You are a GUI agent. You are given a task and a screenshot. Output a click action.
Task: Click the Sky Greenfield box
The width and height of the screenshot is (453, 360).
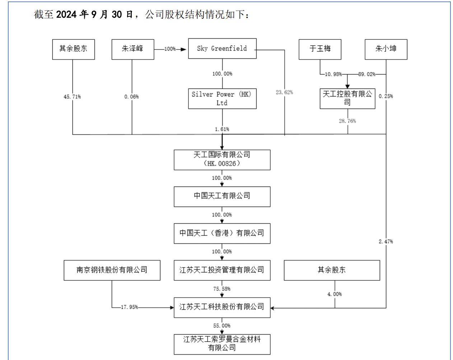pos(222,48)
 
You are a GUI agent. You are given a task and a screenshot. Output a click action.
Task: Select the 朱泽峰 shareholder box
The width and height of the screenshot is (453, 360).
pos(133,49)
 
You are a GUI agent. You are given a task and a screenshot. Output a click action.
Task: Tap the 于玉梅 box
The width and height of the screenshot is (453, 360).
pos(320,49)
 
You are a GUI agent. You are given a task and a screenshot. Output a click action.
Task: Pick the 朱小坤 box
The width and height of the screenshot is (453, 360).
pos(386,49)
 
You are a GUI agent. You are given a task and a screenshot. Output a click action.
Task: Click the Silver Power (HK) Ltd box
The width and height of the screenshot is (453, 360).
pos(222,99)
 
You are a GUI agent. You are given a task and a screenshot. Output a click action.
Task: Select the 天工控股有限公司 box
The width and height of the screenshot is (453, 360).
pos(347,99)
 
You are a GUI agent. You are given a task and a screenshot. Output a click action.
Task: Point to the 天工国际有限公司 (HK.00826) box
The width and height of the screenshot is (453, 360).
pos(222,160)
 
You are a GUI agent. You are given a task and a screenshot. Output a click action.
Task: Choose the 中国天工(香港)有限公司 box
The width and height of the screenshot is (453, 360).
pos(222,233)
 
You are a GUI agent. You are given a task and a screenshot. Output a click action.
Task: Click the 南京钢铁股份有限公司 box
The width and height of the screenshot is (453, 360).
pos(112,270)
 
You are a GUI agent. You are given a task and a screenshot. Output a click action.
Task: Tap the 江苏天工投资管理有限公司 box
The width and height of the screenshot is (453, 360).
pos(222,270)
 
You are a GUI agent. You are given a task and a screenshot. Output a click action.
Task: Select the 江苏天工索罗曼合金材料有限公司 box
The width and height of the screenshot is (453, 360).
pos(222,344)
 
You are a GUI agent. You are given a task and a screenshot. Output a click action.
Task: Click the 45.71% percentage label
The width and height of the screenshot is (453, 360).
pos(72,97)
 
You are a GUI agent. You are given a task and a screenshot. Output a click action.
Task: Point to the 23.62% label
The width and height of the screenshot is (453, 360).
pos(284,92)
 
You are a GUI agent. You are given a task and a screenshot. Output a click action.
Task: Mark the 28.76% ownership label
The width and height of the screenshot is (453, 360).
pos(347,121)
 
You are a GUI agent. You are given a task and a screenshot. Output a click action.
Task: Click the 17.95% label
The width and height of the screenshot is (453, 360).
pos(130,307)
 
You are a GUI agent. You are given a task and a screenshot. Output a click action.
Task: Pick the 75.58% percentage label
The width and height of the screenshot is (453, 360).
pos(222,289)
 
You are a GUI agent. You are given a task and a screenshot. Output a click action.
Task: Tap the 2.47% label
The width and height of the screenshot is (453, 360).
pos(386,241)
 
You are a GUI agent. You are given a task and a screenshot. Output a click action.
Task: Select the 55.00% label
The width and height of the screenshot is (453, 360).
pos(222,326)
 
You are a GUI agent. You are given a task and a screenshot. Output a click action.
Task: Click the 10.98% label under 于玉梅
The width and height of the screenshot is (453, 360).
pos(333,74)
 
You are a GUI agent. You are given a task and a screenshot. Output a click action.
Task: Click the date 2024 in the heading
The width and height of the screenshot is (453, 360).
pos(66,14)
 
